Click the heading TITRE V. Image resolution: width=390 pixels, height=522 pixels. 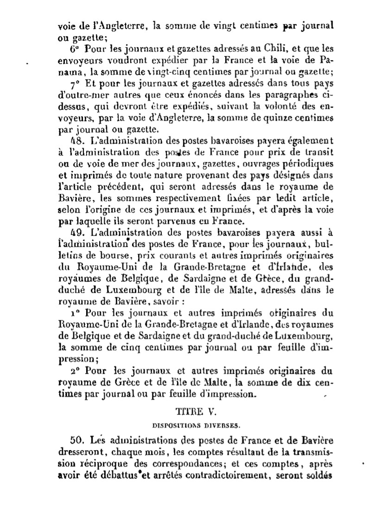pos(195,411)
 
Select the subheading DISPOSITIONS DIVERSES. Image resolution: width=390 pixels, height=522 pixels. pos(195,424)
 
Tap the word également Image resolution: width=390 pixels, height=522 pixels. pos(303,139)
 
